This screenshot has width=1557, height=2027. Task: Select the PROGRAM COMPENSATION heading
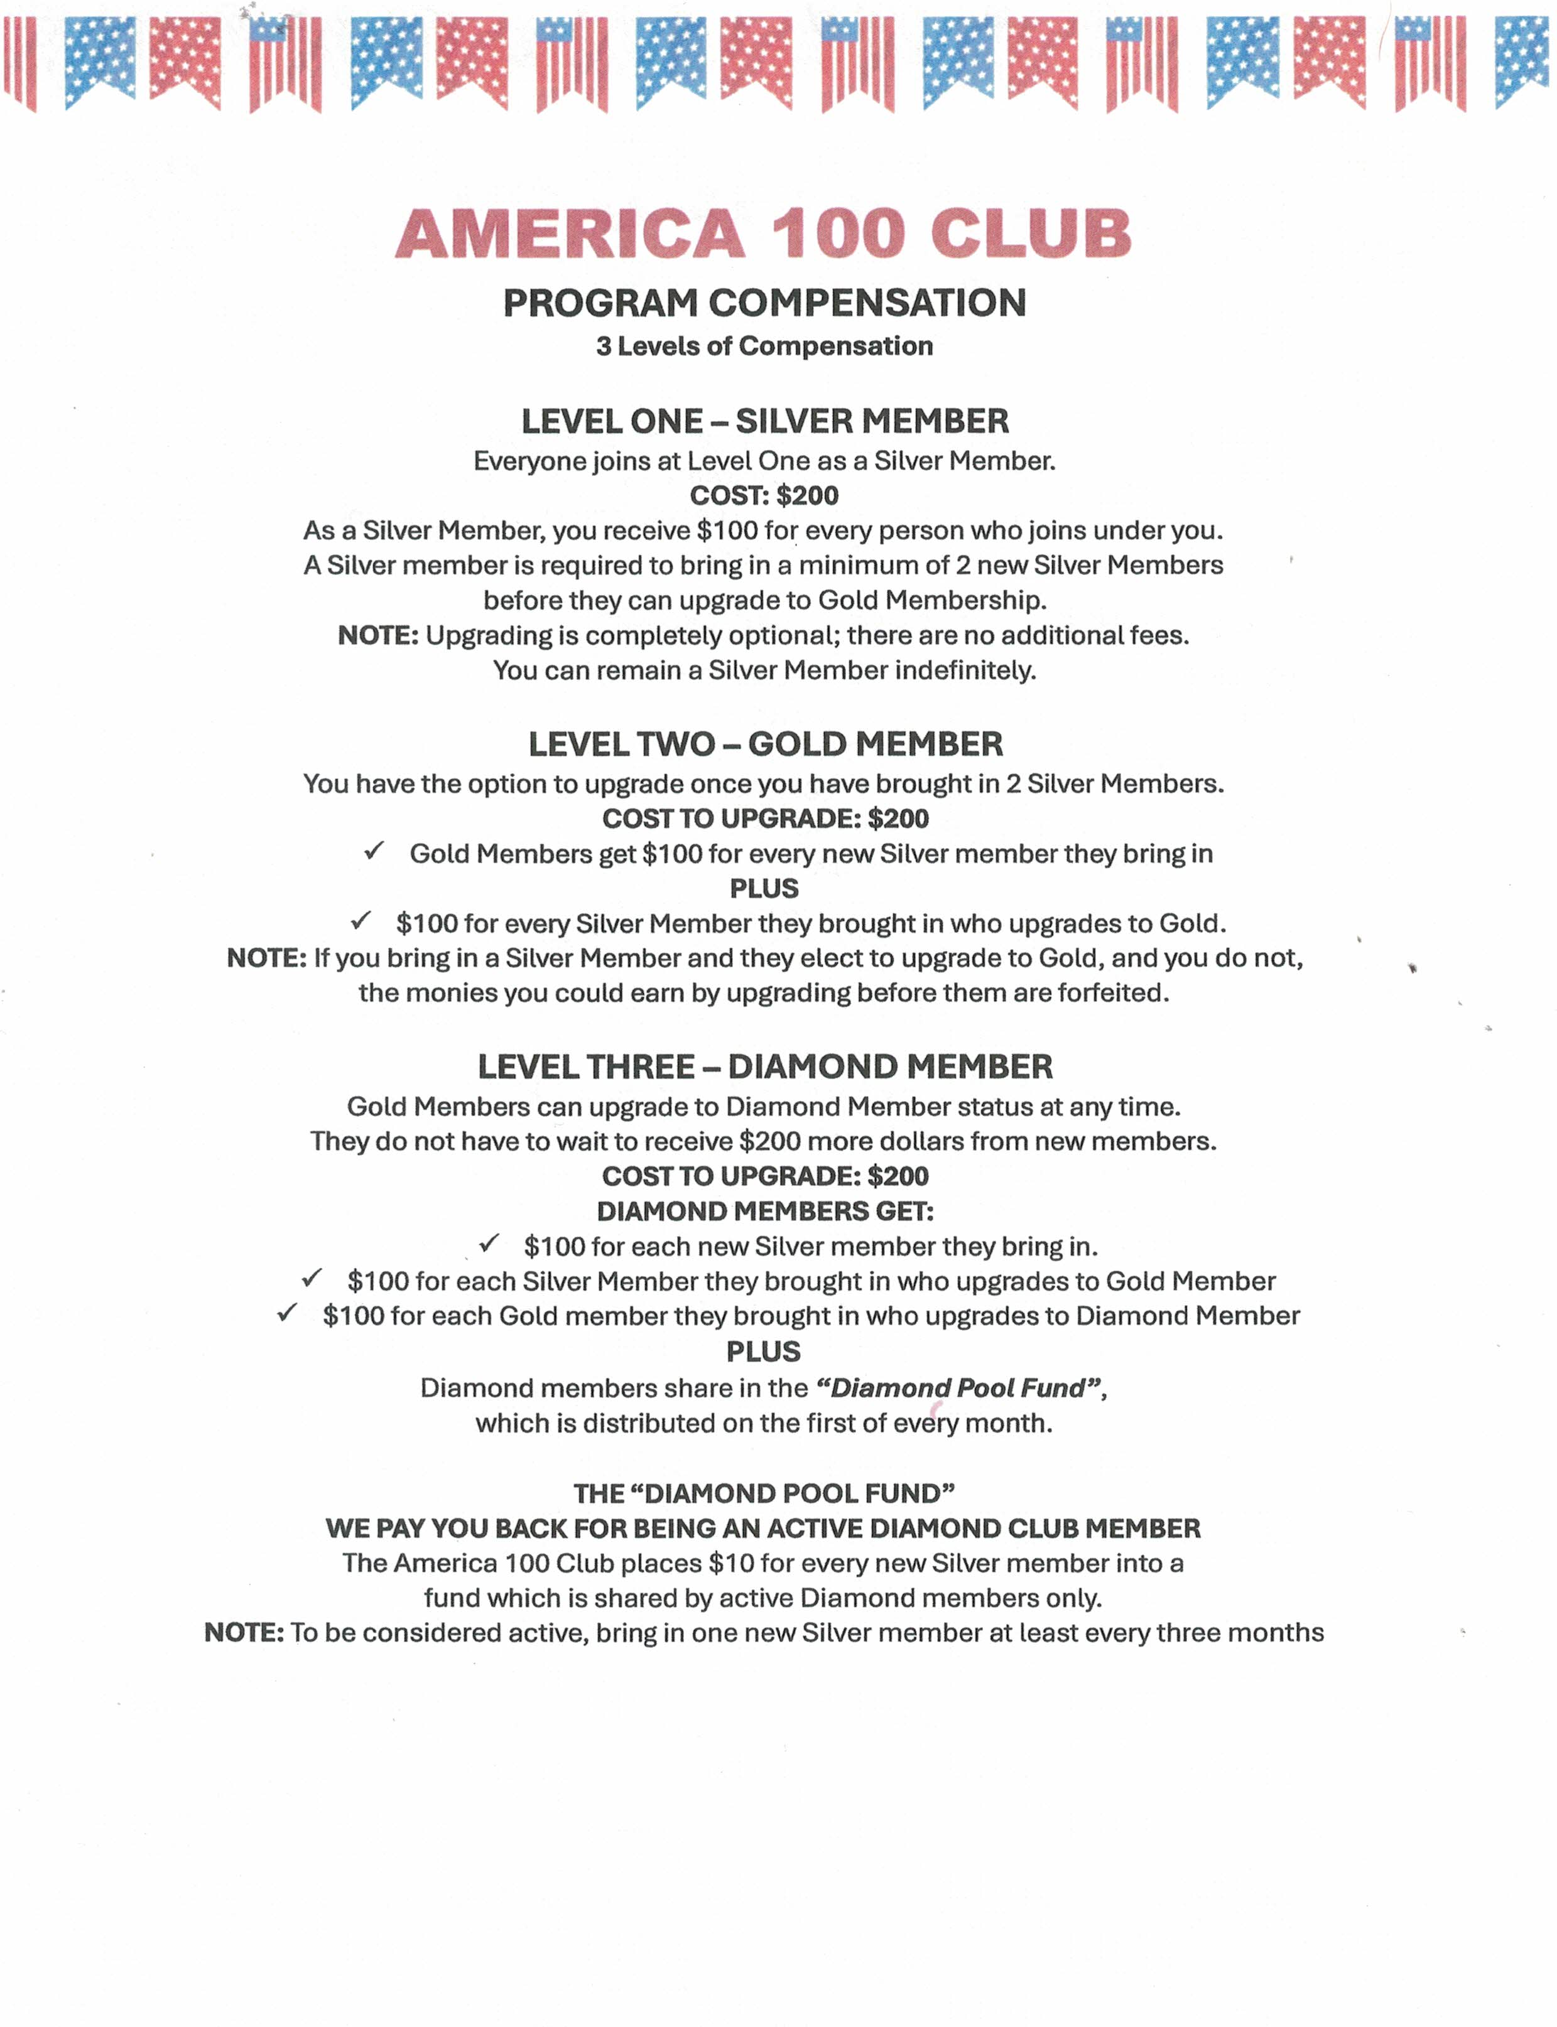point(764,303)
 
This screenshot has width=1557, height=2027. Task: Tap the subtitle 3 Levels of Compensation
point(764,347)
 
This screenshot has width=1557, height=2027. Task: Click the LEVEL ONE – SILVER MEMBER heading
point(764,421)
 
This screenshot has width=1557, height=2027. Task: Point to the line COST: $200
point(764,496)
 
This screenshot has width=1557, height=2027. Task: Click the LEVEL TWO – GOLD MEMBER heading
point(764,744)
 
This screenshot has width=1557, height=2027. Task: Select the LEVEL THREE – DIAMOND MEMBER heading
point(764,1067)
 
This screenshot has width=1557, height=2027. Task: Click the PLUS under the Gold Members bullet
point(764,888)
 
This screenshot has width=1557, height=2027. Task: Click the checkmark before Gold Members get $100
point(374,851)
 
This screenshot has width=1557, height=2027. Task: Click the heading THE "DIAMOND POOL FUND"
point(764,1493)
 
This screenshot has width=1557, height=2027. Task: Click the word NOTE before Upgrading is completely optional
point(377,635)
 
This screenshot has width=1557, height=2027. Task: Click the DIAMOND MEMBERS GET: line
point(764,1211)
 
